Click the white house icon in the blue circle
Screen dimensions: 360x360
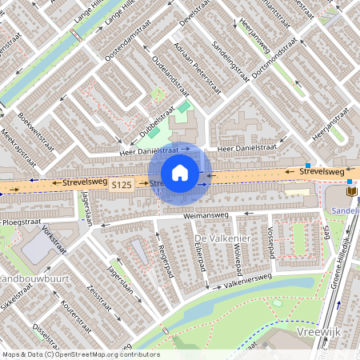(180, 173)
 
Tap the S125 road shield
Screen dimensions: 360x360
(121, 185)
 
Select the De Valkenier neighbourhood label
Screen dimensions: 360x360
(222, 239)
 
